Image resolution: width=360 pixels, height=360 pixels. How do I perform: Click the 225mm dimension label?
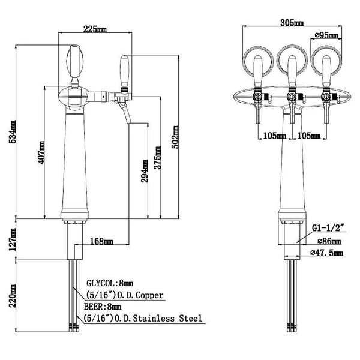[x=95, y=29]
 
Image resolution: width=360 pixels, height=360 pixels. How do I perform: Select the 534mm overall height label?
[x=13, y=132]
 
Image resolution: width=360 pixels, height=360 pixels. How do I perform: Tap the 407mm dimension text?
[x=41, y=152]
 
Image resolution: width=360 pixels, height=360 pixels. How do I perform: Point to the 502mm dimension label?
[x=175, y=137]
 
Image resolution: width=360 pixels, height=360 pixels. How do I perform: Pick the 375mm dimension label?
[x=157, y=157]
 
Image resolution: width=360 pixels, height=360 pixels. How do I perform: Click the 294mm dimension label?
[x=145, y=171]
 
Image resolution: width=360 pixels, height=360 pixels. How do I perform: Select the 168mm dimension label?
[x=102, y=241]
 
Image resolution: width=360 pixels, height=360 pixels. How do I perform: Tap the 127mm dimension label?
[x=13, y=239]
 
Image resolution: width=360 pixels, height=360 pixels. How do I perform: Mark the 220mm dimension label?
[x=13, y=296]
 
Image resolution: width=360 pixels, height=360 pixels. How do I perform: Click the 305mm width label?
[x=292, y=23]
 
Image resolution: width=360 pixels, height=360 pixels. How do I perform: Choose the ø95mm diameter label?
[x=326, y=35]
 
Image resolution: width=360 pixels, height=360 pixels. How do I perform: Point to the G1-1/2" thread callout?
[x=329, y=228]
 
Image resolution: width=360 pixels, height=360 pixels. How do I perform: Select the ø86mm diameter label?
[x=329, y=241]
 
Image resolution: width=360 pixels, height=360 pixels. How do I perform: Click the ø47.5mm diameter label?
[x=327, y=253]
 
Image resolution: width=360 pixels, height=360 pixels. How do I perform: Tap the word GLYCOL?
[x=102, y=283]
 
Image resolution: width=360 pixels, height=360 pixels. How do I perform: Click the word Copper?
[x=149, y=295]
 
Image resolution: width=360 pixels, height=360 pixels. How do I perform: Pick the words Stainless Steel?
[x=167, y=319]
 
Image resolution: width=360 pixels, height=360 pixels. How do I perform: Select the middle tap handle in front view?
[x=292, y=71]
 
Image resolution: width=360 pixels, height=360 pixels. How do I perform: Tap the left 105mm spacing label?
[x=274, y=136]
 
